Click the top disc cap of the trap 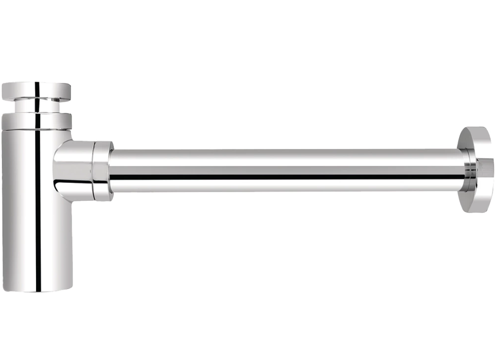tap(36, 90)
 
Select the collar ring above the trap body tap(36, 120)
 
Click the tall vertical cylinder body tap(25, 207)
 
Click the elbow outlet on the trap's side tap(74, 168)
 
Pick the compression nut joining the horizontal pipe tap(103, 171)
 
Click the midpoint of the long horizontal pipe tap(286, 170)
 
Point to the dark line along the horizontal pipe tap(286, 176)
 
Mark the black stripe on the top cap tap(36, 90)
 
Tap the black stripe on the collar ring tap(37, 120)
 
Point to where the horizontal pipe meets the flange tap(463, 170)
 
